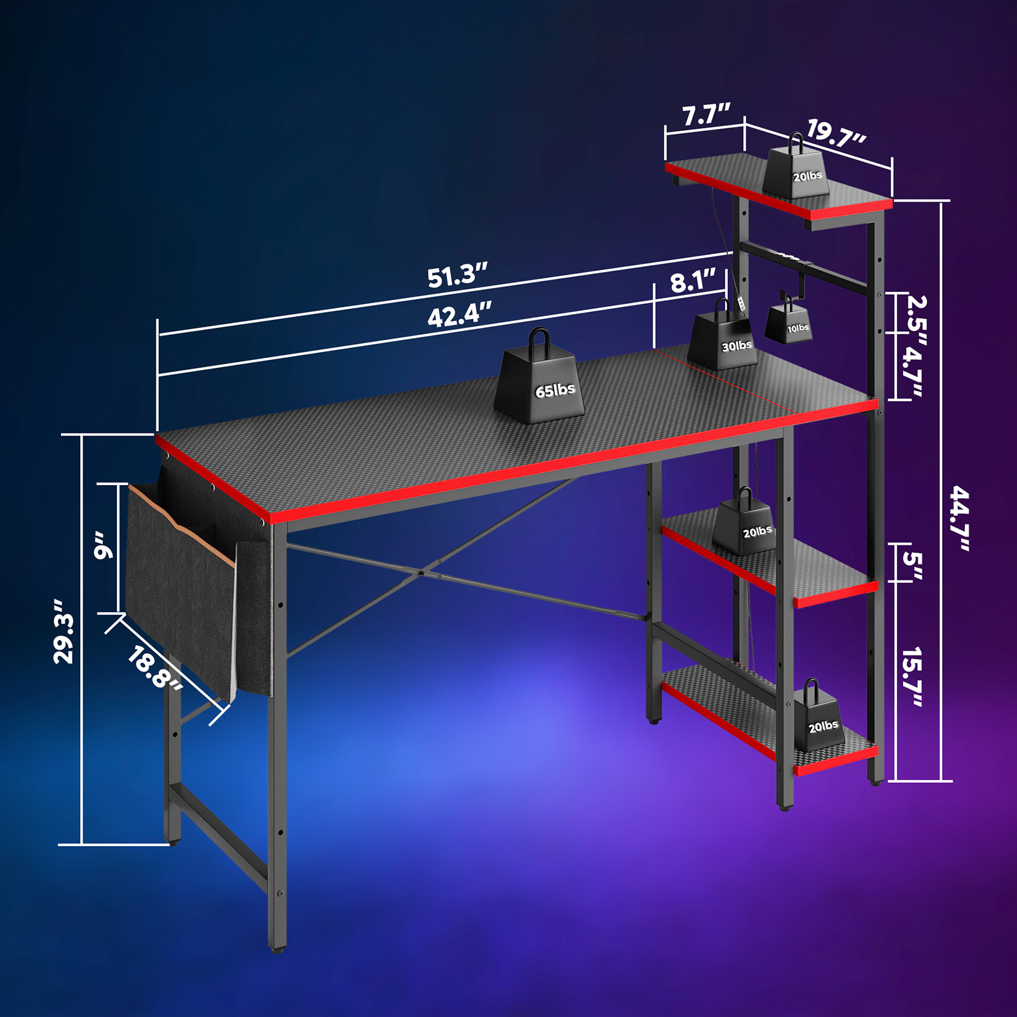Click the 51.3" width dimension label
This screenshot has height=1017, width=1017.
pos(457,276)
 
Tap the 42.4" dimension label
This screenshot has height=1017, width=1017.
pos(460,315)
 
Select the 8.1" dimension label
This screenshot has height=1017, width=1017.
pos(693,280)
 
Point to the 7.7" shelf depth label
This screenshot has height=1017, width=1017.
pos(706,115)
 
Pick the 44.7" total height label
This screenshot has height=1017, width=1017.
pos(960,518)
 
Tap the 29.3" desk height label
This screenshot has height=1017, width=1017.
pos(64,631)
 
